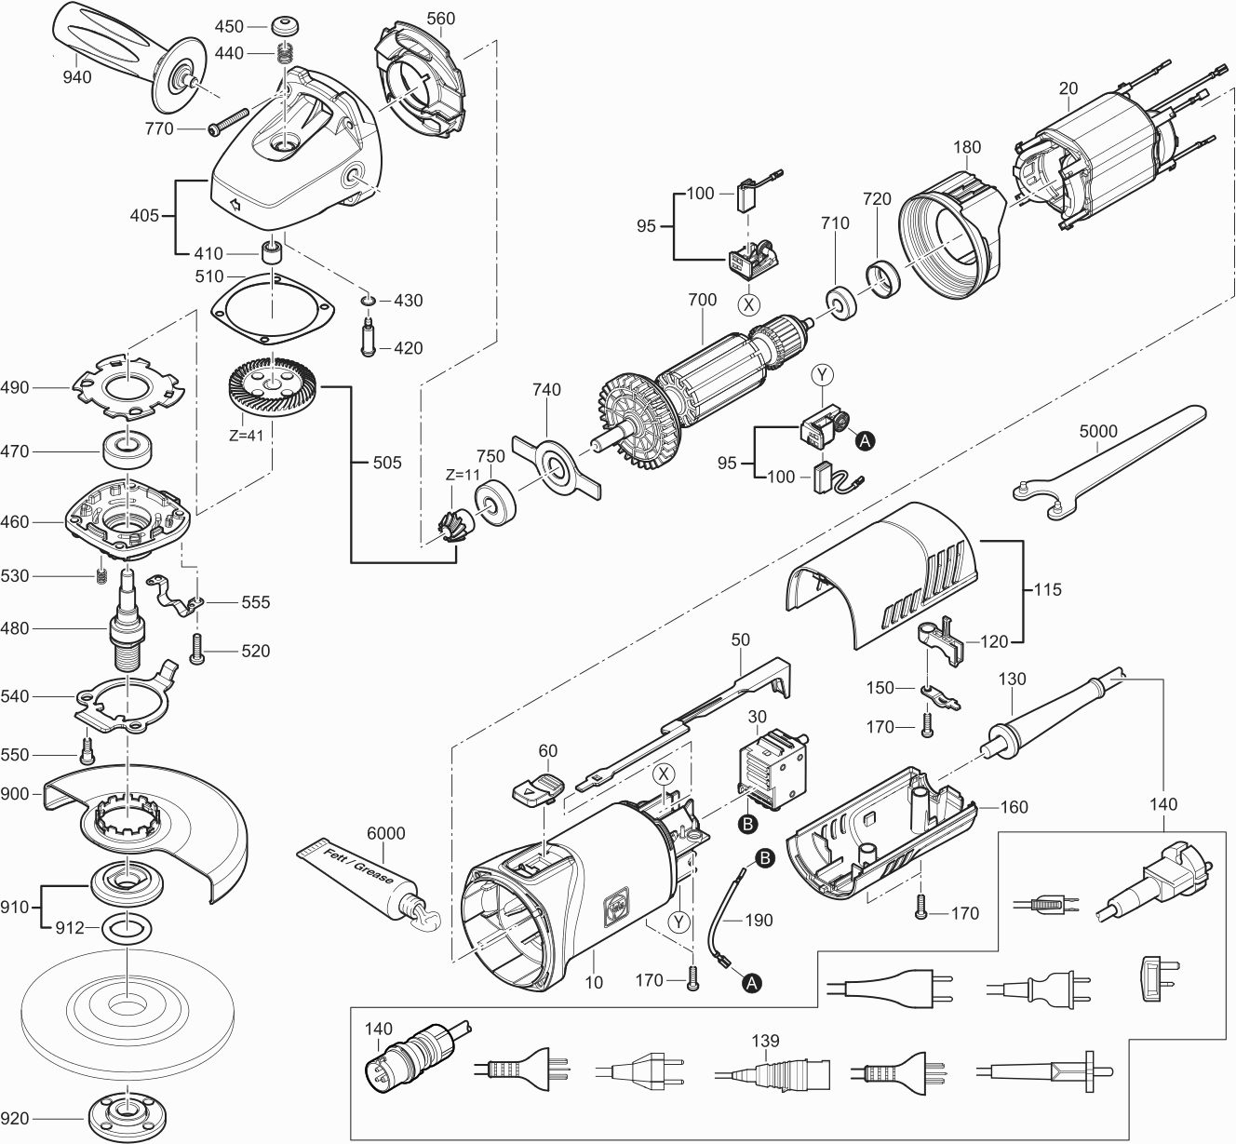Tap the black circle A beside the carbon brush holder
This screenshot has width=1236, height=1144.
coord(864,440)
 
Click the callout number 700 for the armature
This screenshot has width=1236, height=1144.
coord(702,300)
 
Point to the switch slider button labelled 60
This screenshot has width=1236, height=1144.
coord(535,787)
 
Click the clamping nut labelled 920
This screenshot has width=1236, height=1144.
coord(122,1113)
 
